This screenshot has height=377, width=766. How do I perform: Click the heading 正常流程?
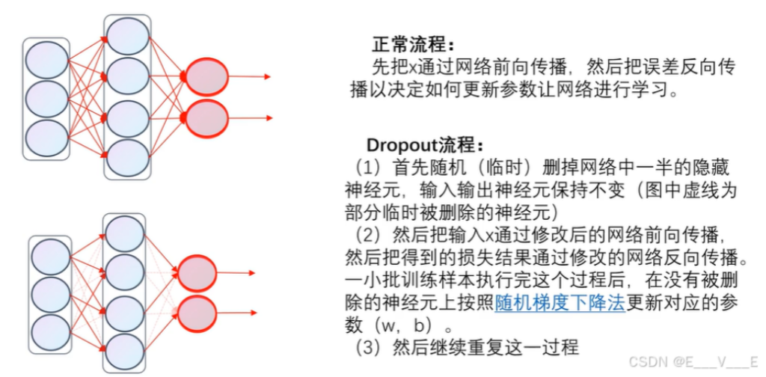[x=413, y=45]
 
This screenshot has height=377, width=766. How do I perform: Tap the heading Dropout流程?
[x=426, y=145]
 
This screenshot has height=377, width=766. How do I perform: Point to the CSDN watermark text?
[x=693, y=362]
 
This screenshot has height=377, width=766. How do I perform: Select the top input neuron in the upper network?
[x=47, y=60]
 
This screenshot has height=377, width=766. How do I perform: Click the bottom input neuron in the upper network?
[x=47, y=138]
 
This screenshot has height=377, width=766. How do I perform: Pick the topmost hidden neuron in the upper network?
[x=127, y=37]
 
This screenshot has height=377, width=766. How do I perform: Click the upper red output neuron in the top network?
[x=207, y=76]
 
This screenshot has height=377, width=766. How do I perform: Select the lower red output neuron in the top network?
[x=207, y=118]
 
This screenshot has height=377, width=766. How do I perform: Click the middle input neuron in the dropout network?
[x=51, y=295]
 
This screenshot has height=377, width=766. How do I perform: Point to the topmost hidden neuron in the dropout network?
[x=125, y=234]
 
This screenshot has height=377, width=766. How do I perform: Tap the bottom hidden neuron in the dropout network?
[x=125, y=352]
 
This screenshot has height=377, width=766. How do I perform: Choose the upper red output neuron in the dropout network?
[x=197, y=273]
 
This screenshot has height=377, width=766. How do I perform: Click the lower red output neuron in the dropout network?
[x=197, y=313]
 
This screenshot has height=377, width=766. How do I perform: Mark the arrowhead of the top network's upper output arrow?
[x=267, y=76]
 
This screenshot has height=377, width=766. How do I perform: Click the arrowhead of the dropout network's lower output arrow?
[x=253, y=313]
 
